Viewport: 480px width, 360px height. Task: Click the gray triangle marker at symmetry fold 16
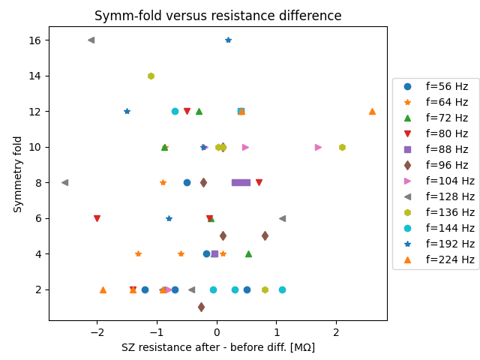click(x=91, y=40)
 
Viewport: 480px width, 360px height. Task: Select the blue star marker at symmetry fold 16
click(x=228, y=40)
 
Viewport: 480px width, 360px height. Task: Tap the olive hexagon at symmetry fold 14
click(x=151, y=76)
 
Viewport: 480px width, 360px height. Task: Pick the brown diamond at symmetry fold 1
click(x=201, y=307)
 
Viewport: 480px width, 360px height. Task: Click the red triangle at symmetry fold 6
click(x=97, y=218)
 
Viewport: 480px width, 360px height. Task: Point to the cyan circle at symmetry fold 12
click(x=175, y=111)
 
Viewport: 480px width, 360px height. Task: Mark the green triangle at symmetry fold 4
click(x=248, y=253)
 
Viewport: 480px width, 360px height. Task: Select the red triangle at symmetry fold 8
click(x=259, y=182)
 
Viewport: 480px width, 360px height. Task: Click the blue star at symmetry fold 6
click(x=169, y=218)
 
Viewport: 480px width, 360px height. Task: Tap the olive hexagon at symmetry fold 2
click(x=265, y=289)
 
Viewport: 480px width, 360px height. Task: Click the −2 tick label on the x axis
click(x=97, y=333)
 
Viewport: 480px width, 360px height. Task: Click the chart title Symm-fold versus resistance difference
click(x=217, y=16)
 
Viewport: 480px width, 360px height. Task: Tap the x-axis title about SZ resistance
click(x=217, y=347)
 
